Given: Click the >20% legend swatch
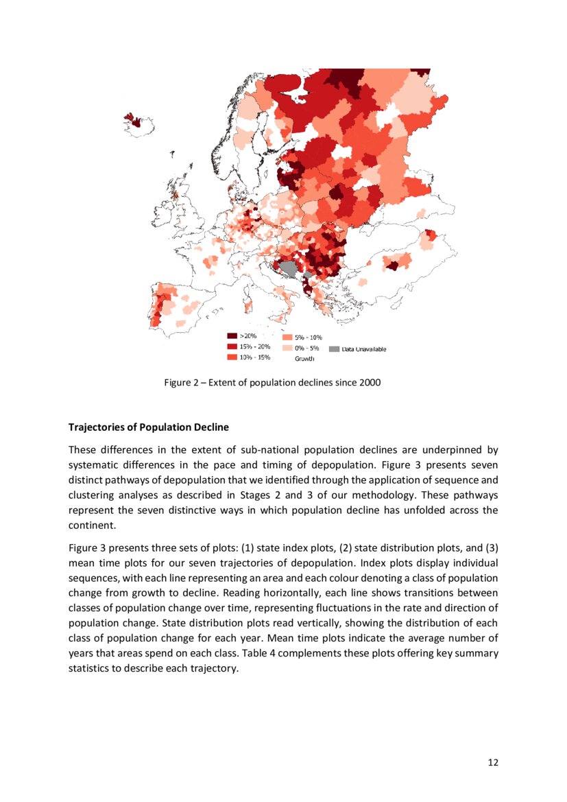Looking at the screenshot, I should (x=232, y=336).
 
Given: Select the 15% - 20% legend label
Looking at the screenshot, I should (x=254, y=346).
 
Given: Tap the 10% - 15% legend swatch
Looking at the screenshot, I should (x=232, y=357).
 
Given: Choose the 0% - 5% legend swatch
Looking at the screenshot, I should (x=287, y=348).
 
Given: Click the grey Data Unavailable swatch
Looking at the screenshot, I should (x=334, y=349).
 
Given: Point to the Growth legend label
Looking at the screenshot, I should (x=304, y=359).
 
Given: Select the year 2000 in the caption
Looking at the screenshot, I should (x=370, y=383).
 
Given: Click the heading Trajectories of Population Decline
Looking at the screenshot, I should (x=149, y=427).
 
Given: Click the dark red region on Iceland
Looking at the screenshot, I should (x=136, y=123).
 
